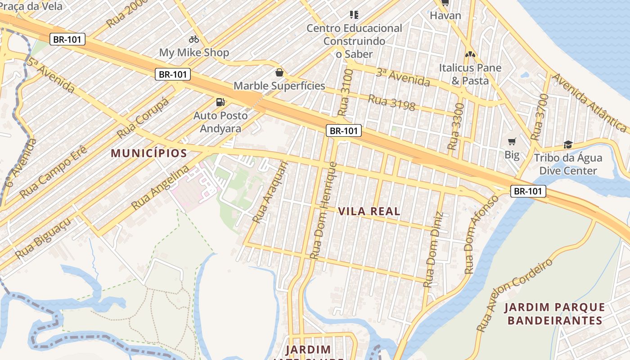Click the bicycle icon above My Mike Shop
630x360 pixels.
pos(194,39)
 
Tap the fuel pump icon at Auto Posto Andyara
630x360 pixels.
pos(220,102)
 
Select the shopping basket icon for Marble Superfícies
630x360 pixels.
pos(279,72)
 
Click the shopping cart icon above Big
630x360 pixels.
pos(512,142)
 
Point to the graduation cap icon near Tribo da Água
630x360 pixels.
pos(568,144)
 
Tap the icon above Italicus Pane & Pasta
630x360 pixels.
pos(470,54)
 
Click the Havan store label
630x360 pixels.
pos(445,16)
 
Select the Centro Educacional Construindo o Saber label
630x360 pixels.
pos(354,41)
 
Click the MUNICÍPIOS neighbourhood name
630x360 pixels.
pos(149,153)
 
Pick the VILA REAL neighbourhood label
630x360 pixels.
pos(369,211)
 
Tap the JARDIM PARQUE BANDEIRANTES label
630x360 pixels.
pos(554,314)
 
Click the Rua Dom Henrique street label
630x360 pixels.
pos(323,211)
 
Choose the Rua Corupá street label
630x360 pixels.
pos(143,118)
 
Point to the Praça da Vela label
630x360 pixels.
pos(31,6)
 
